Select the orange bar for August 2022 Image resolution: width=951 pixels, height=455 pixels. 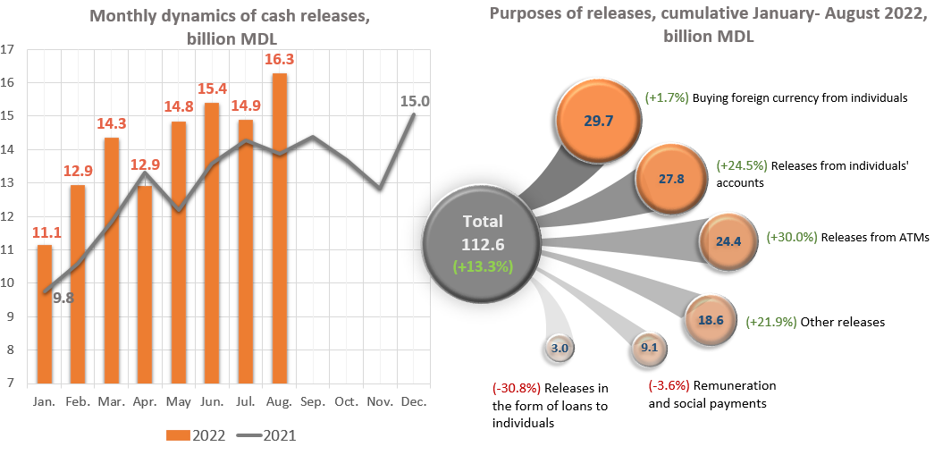coord(280,228)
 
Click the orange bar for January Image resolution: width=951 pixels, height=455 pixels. coord(45,313)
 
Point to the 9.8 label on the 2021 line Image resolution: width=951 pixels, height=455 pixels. coord(63,299)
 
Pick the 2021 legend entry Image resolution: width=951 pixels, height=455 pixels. coord(266,435)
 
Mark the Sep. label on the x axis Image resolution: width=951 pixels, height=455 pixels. coord(314,402)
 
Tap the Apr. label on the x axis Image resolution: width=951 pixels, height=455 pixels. coord(146,402)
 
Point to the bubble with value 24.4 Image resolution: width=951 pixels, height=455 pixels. coord(729,240)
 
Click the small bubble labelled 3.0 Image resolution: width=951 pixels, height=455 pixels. coord(560,349)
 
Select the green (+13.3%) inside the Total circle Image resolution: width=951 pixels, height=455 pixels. coord(482,266)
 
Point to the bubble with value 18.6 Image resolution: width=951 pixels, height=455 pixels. coord(711,319)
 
